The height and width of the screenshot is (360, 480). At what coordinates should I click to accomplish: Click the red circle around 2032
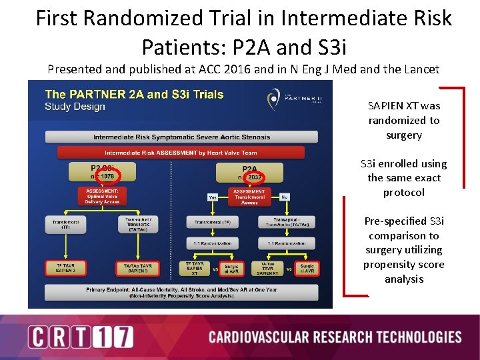pyautogui.click(x=253, y=177)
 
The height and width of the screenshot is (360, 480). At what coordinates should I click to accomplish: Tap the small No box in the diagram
pyautogui.click(x=285, y=197)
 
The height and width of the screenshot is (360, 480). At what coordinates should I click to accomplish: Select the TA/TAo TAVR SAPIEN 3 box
pyautogui.click(x=137, y=268)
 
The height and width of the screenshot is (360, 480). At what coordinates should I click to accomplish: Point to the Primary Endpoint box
pyautogui.click(x=181, y=293)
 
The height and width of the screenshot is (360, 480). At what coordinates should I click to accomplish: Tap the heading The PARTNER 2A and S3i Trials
pyautogui.click(x=134, y=94)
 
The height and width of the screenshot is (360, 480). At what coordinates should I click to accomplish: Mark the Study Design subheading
pyautogui.click(x=75, y=106)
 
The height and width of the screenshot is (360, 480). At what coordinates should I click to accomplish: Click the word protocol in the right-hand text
pyautogui.click(x=403, y=192)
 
